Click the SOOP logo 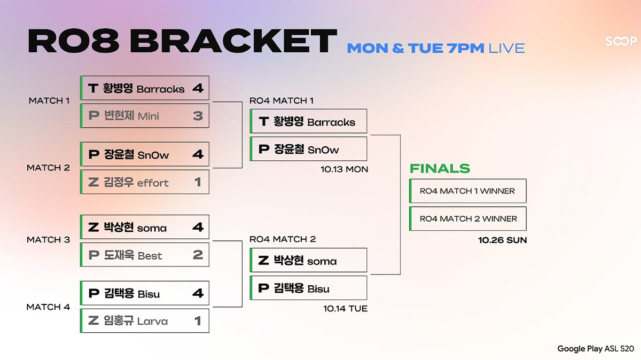(x=621, y=41)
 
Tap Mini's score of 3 (x=198, y=116)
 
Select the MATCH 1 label (x=49, y=101)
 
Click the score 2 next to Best (x=198, y=255)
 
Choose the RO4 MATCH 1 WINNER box (x=468, y=191)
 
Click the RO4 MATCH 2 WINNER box (x=468, y=218)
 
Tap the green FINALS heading (x=440, y=168)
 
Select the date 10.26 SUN (x=503, y=240)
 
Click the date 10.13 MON (x=344, y=169)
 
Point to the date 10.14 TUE (x=346, y=309)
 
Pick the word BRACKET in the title (x=233, y=41)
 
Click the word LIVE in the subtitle (x=507, y=48)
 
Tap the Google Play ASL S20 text (x=596, y=349)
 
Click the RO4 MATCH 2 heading (x=283, y=239)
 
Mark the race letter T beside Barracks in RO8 (x=93, y=88)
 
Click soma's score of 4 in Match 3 (x=198, y=227)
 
